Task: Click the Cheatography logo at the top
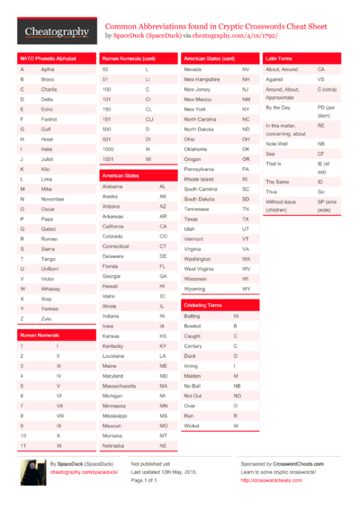(x=57, y=31)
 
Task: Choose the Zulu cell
(x=48, y=318)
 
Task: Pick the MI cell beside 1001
(x=148, y=157)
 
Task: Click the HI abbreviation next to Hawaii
(x=163, y=285)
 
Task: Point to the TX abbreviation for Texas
(x=246, y=219)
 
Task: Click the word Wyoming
(x=197, y=289)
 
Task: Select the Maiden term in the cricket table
(x=193, y=375)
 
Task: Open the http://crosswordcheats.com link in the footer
(x=271, y=480)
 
